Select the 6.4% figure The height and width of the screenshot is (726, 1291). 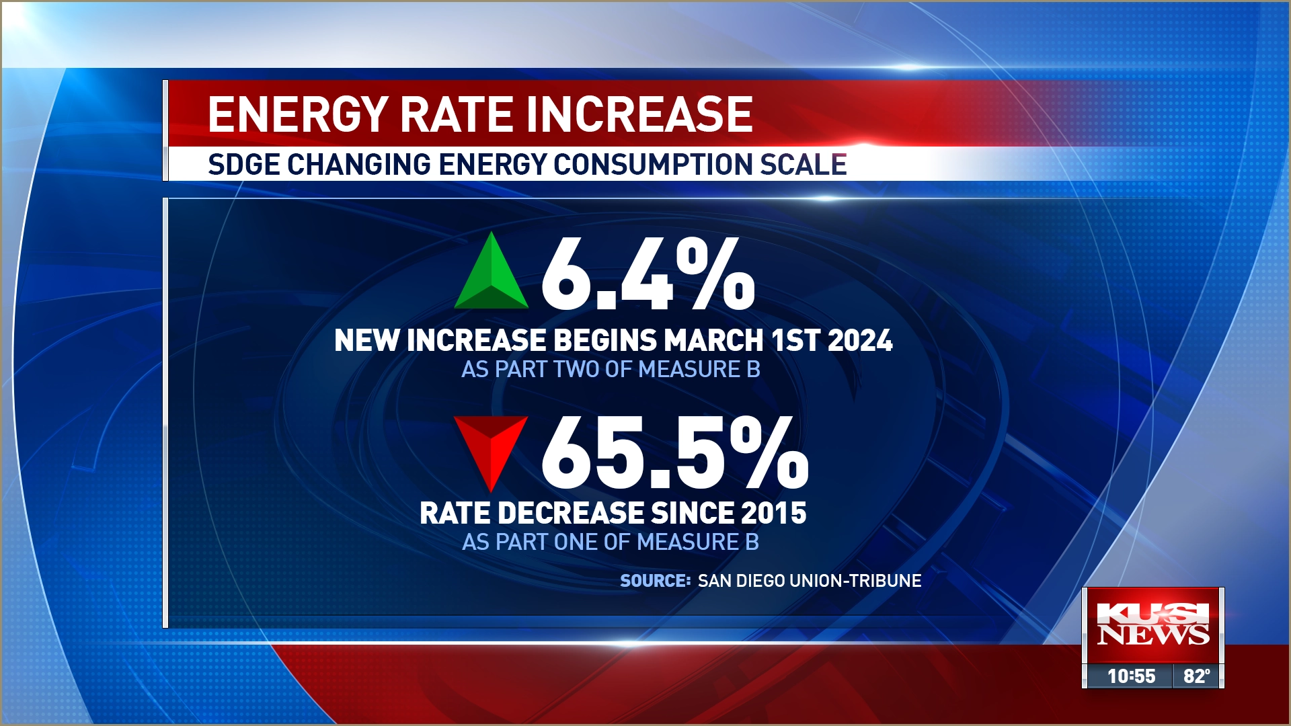[648, 274]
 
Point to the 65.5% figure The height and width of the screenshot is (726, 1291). [674, 452]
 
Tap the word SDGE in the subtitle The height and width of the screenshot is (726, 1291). [243, 165]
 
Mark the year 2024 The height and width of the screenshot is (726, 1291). [860, 340]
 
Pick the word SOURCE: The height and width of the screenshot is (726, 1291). [655, 581]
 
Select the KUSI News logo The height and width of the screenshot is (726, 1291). [1152, 624]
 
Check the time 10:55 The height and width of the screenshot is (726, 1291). [1131, 676]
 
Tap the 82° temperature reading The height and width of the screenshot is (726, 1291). [1197, 676]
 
